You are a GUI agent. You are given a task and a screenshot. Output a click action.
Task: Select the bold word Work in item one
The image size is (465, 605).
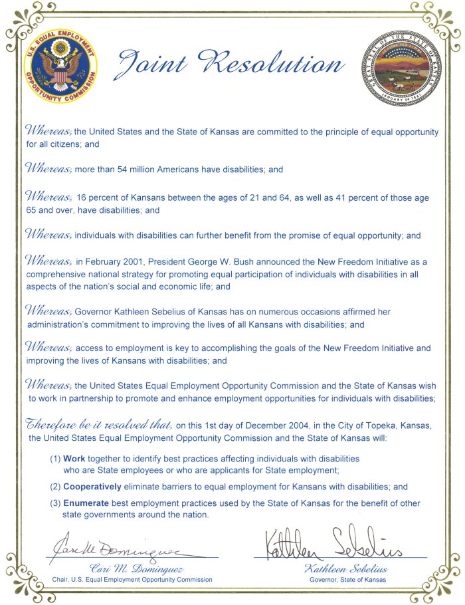coord(74,459)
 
